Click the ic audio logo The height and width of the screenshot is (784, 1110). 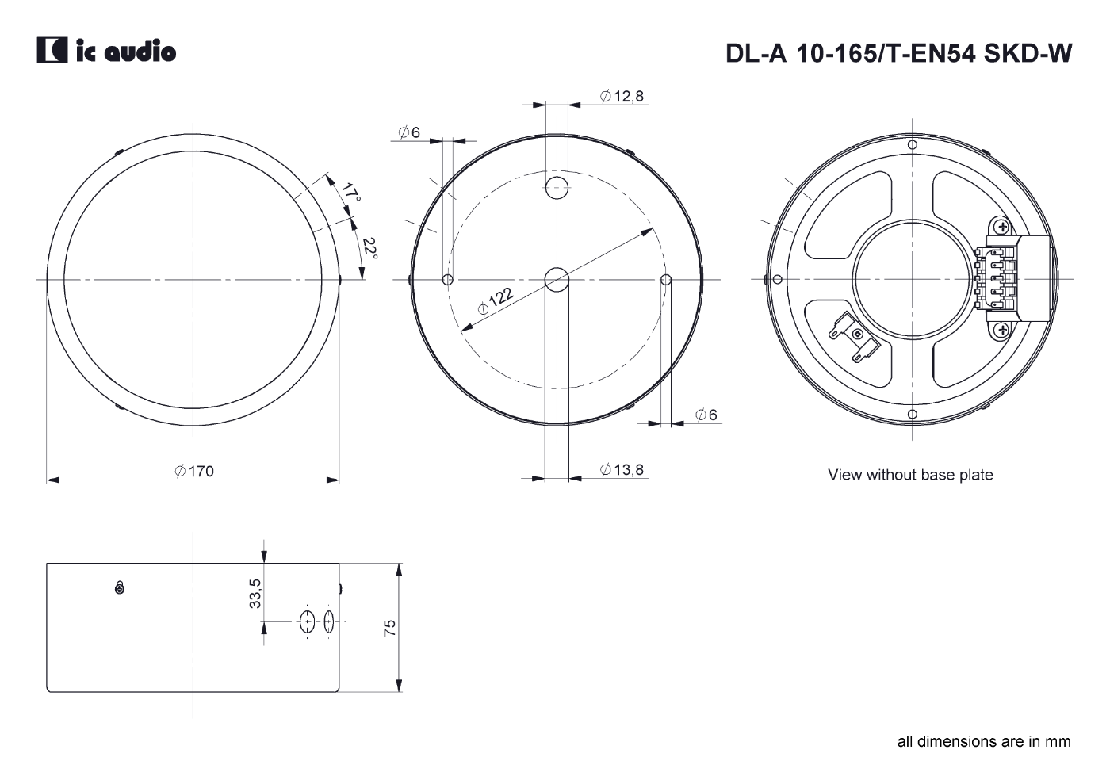(106, 50)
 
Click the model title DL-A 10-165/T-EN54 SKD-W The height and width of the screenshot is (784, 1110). (899, 53)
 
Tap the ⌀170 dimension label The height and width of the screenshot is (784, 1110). (194, 471)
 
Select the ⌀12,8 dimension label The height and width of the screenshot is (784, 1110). (622, 96)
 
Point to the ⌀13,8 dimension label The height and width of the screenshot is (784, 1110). (622, 469)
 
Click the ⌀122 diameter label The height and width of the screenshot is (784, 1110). (496, 301)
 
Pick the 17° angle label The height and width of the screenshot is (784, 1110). (350, 192)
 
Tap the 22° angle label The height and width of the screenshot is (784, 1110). (369, 249)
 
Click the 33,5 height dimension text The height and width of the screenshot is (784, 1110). (255, 593)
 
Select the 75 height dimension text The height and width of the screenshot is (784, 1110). (389, 628)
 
